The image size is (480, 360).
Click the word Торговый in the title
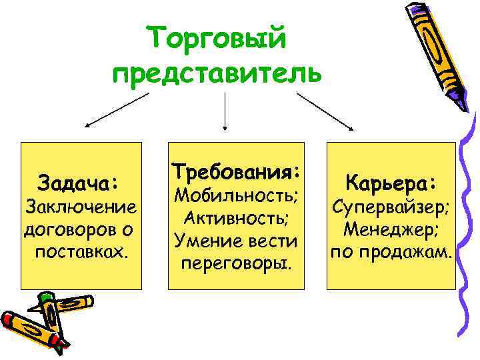(x=217, y=37)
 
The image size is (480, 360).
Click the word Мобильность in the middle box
(x=235, y=197)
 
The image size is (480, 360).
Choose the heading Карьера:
(x=391, y=183)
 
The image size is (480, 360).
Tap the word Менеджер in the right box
(x=391, y=230)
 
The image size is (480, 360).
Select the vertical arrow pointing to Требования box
(x=225, y=111)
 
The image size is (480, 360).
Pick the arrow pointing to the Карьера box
(x=325, y=109)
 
